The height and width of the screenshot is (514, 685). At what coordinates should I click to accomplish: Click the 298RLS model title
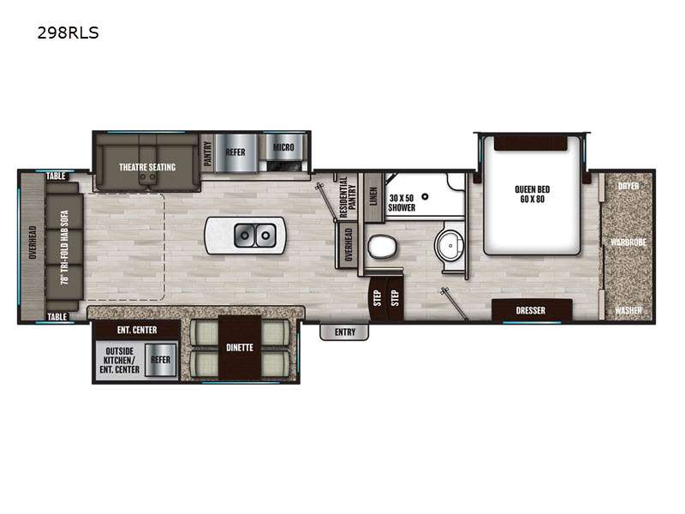68,33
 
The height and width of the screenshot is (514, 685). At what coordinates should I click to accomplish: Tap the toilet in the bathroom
381,247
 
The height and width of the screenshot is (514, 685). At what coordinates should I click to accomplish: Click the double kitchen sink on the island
255,236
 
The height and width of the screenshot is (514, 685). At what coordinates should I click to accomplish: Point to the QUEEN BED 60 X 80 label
532,194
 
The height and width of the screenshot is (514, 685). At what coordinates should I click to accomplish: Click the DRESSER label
530,310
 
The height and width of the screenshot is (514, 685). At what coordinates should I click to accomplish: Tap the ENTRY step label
345,332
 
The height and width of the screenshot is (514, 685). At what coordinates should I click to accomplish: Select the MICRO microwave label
283,147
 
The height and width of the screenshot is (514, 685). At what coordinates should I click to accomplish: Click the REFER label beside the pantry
235,152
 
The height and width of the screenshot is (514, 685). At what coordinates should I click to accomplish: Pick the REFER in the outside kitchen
160,360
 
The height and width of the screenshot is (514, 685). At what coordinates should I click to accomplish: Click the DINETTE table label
240,348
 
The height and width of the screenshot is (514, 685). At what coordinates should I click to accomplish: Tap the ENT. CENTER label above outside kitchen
137,330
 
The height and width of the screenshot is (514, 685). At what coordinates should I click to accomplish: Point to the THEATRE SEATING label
147,167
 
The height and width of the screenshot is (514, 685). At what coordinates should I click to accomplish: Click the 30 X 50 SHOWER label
402,203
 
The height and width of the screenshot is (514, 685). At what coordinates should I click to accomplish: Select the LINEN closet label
373,196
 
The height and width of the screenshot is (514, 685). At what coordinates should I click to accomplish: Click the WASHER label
628,310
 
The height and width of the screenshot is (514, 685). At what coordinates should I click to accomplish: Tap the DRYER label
628,186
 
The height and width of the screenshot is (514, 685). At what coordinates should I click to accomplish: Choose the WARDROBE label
628,242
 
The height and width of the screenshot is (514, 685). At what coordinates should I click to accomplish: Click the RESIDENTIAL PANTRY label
348,198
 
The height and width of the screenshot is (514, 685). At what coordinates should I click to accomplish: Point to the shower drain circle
425,197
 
